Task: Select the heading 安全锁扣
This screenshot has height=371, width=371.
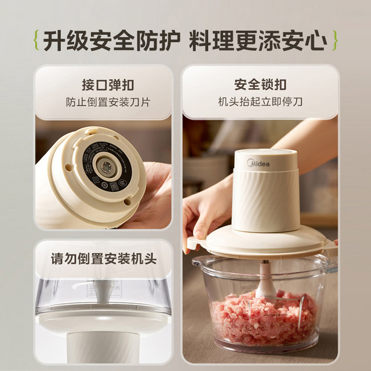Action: pyautogui.click(x=260, y=85)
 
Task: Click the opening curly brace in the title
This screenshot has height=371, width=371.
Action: pyautogui.click(x=35, y=42)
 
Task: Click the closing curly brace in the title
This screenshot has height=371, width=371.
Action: pyautogui.click(x=335, y=42)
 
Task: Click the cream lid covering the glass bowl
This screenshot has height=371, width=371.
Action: pyautogui.click(x=261, y=241)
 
